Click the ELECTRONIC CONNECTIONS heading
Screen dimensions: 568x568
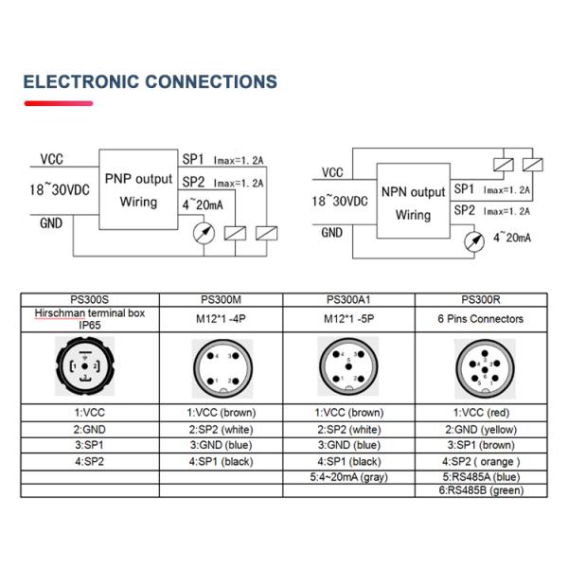coord(150,81)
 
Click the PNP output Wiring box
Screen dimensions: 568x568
coord(138,189)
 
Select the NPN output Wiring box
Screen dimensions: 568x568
coord(413,203)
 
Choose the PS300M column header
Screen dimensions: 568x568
coord(221,298)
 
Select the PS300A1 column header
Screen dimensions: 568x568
coord(349,298)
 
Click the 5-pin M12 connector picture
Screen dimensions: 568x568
coord(349,368)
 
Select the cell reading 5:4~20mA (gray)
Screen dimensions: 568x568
coord(349,477)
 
